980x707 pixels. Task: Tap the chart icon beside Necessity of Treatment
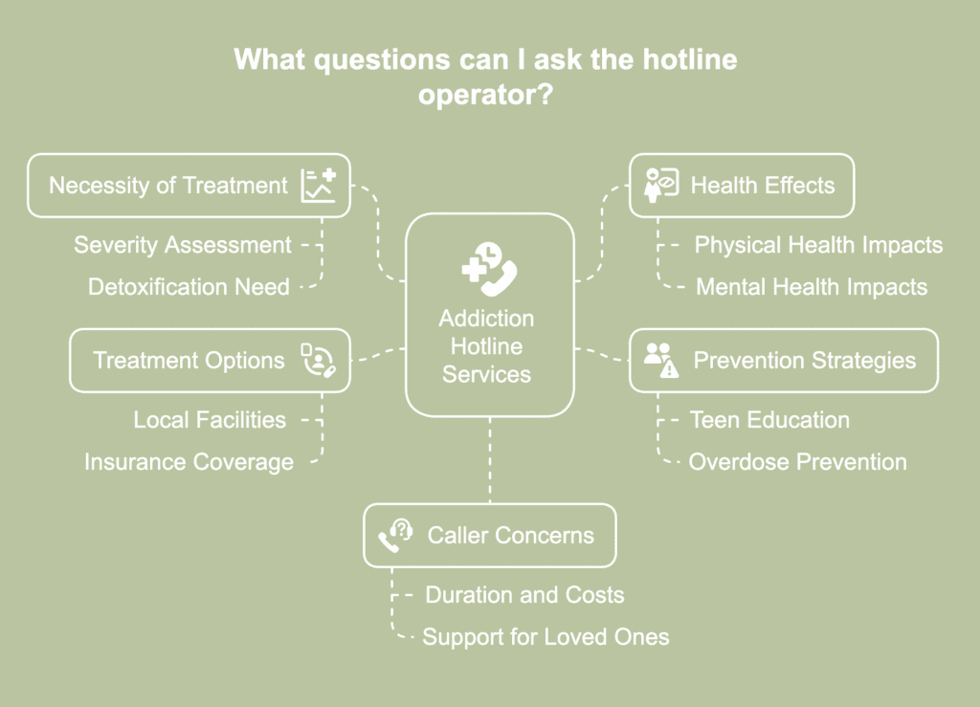[318, 186]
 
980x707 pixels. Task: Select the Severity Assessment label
[183, 245]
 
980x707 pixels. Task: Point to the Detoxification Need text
[189, 286]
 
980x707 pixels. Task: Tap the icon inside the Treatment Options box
[317, 361]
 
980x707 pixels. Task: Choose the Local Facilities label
[210, 419]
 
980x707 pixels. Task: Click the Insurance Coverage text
[189, 462]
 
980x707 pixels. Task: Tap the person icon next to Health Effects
[661, 186]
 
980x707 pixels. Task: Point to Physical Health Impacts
[818, 245]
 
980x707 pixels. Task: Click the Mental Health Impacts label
[811, 286]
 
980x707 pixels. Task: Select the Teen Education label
[769, 419]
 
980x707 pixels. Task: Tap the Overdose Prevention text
[797, 462]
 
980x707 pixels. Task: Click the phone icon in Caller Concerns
[394, 536]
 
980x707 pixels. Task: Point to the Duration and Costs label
[524, 595]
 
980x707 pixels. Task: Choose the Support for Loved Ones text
[546, 636]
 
